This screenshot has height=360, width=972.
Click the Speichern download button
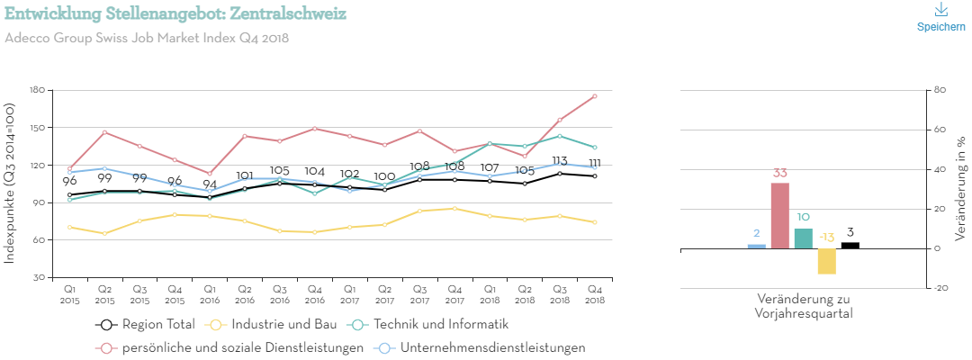(941, 18)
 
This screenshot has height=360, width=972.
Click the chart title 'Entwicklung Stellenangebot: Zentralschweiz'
(175, 14)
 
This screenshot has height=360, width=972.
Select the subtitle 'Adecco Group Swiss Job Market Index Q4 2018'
(147, 38)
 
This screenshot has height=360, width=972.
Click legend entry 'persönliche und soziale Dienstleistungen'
(230, 346)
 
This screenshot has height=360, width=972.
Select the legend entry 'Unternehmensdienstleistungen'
(481, 346)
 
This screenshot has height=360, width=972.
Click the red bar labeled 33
(780, 215)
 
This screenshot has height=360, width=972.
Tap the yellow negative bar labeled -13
(827, 261)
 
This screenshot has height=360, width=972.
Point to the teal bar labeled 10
(804, 238)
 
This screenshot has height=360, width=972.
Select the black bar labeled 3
(850, 245)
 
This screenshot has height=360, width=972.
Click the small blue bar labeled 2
(757, 246)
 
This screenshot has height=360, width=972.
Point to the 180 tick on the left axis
(37, 90)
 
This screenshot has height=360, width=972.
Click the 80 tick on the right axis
(940, 90)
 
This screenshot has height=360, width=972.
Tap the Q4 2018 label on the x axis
(595, 292)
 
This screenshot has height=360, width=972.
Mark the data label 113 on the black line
(559, 161)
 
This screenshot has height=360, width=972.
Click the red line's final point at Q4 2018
(595, 96)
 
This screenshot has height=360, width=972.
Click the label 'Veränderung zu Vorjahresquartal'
(804, 306)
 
